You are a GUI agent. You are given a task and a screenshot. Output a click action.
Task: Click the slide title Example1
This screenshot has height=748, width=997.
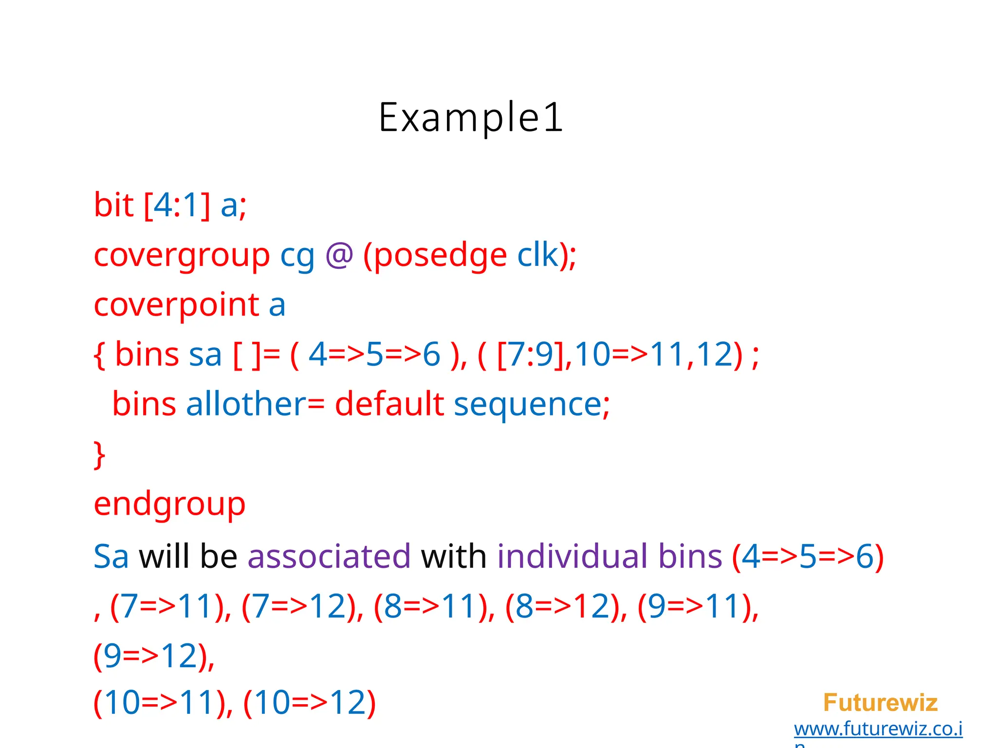(x=471, y=118)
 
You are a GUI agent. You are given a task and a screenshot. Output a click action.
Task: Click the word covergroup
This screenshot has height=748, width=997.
(x=181, y=255)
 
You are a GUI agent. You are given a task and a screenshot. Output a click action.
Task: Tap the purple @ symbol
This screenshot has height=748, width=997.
(x=339, y=255)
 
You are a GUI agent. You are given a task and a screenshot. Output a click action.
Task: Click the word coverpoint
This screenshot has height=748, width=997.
(x=176, y=305)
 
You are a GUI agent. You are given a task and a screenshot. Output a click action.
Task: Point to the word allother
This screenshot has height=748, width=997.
(x=246, y=404)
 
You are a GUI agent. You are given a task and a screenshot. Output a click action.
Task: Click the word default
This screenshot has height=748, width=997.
(x=389, y=404)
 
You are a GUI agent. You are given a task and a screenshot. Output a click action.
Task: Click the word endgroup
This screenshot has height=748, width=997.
(x=169, y=505)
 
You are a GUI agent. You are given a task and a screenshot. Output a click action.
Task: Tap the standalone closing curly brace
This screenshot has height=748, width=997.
(x=99, y=455)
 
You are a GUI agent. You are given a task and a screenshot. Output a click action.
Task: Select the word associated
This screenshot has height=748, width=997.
(x=329, y=556)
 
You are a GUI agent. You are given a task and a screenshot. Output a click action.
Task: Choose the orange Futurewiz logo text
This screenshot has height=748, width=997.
(x=880, y=703)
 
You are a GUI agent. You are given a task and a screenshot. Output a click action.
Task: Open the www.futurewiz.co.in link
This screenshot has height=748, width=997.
(x=878, y=729)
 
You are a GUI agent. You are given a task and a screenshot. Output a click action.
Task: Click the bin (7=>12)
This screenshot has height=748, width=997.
(x=302, y=607)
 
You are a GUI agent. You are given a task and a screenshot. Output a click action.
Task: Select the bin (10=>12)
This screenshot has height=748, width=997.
(x=310, y=703)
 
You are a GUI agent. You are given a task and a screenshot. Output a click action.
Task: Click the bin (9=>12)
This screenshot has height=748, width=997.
(x=153, y=656)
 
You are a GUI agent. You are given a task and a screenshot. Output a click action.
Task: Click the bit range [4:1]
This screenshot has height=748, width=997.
(x=177, y=206)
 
